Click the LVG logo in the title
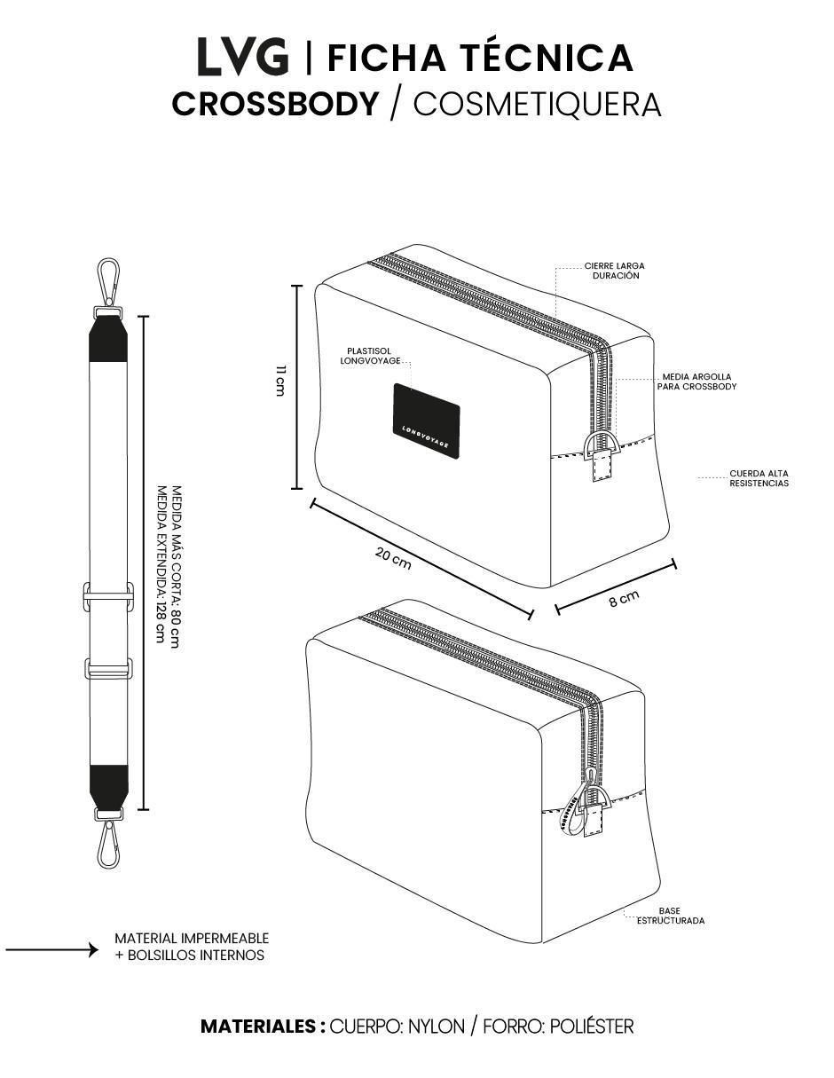pyautogui.click(x=242, y=57)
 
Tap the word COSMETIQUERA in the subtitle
pyautogui.click(x=537, y=105)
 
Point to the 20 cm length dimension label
pyautogui.click(x=393, y=558)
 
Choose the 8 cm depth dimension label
pyautogui.click(x=624, y=598)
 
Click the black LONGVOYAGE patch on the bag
pyautogui.click(x=427, y=419)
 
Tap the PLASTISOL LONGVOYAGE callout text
pyautogui.click(x=370, y=356)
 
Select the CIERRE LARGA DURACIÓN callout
pyautogui.click(x=614, y=271)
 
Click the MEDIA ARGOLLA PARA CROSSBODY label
pyautogui.click(x=696, y=382)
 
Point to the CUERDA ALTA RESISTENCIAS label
pyautogui.click(x=759, y=478)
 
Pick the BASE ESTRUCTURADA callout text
pyautogui.click(x=671, y=916)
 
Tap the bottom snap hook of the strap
pyautogui.click(x=108, y=845)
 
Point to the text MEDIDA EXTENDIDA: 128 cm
pyautogui.click(x=160, y=563)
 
